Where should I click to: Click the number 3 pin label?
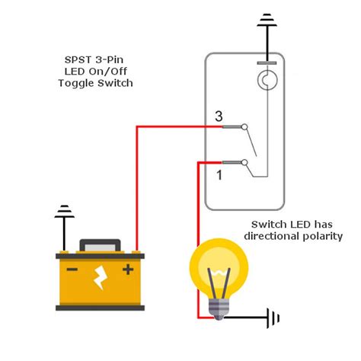pyautogui.click(x=218, y=117)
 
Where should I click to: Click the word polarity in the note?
pyautogui.click(x=320, y=236)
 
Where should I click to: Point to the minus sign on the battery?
pyautogui.click(x=72, y=268)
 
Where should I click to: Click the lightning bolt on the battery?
pyautogui.click(x=101, y=280)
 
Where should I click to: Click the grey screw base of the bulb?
pyautogui.click(x=219, y=306)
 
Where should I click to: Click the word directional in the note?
pyautogui.click(x=270, y=236)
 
